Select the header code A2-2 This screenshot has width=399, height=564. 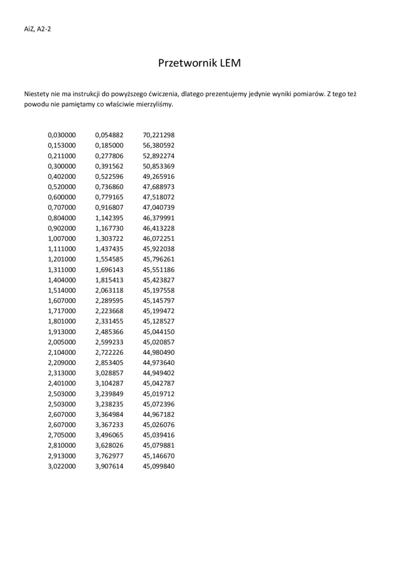coord(44,29)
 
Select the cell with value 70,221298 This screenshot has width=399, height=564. coord(159,135)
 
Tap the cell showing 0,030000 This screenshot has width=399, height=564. coord(62,135)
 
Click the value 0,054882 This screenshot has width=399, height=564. coord(109,135)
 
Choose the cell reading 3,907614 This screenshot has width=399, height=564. coord(109,466)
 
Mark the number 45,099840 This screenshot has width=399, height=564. coord(159,466)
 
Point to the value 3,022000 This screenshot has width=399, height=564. coord(62,466)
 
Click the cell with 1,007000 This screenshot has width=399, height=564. coord(62,239)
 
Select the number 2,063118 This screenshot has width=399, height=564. coord(109,290)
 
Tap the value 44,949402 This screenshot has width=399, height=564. coord(159,373)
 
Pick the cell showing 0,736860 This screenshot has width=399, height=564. coord(109,187)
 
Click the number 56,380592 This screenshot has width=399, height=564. coord(159,145)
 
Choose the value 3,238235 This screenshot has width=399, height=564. coord(109,404)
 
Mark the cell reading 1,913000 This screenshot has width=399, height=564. coord(62,332)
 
